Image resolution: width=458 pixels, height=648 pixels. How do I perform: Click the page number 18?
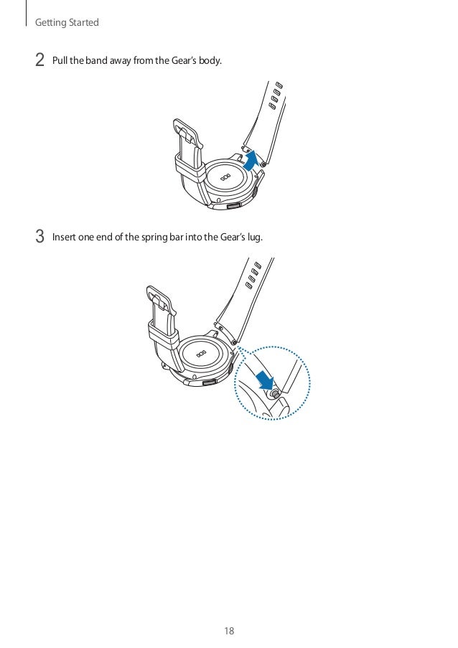[x=229, y=631]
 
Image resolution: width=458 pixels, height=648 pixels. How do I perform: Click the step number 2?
[x=39, y=60]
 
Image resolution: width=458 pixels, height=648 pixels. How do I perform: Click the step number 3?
[x=39, y=237]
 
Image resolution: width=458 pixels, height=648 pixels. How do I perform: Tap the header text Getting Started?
[x=67, y=22]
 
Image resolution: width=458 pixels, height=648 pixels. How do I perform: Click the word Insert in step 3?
[x=64, y=238]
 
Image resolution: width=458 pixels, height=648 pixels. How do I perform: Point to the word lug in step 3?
[x=254, y=238]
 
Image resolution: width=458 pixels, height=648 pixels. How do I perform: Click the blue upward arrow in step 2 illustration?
[x=251, y=161]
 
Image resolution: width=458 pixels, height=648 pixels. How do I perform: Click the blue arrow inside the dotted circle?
[x=264, y=379]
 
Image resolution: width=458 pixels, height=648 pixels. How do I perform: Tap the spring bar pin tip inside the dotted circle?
[x=274, y=394]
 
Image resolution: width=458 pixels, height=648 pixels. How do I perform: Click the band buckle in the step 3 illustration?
[x=162, y=300]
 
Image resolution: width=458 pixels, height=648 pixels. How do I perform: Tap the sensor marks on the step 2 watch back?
[x=225, y=178]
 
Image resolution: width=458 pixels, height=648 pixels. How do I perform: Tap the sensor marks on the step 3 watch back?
[x=201, y=354]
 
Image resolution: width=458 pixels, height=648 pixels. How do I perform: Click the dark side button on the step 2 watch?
[x=233, y=206]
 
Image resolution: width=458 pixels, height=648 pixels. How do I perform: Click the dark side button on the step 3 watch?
[x=210, y=382]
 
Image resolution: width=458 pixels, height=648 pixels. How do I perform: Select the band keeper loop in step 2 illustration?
[x=190, y=165]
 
